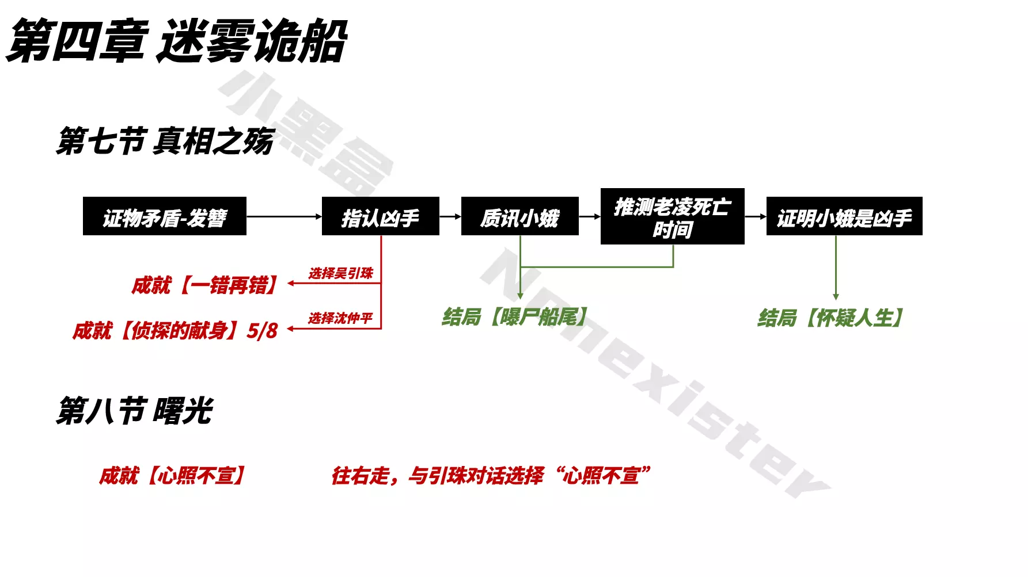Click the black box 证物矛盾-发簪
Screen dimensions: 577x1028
(165, 217)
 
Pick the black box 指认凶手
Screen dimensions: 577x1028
(380, 217)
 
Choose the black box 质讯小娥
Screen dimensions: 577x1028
(519, 217)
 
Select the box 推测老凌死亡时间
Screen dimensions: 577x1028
(672, 217)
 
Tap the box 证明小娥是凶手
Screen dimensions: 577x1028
(844, 217)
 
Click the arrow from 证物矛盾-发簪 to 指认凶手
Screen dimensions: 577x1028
(284, 217)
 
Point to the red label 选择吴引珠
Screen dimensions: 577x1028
(340, 273)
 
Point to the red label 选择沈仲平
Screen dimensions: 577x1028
(340, 318)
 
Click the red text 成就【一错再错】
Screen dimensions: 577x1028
(205, 285)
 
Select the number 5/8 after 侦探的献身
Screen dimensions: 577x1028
(262, 331)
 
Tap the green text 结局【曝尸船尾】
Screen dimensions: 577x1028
(515, 316)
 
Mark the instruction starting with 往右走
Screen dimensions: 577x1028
(491, 476)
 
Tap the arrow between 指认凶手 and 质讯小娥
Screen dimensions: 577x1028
(450, 217)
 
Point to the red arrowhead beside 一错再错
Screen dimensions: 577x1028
(291, 283)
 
